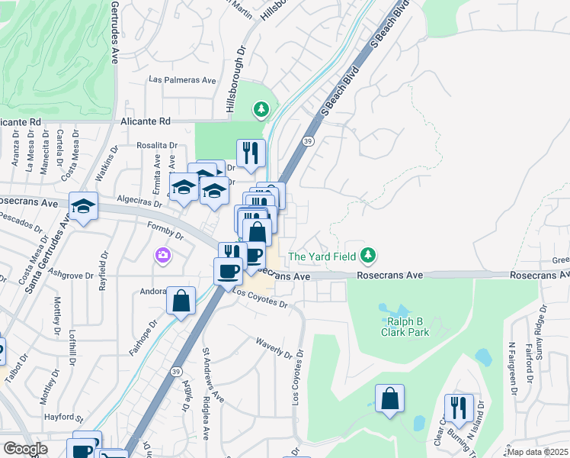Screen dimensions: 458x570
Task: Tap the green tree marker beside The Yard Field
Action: (x=369, y=254)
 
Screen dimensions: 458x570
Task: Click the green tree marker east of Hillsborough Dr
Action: (x=262, y=111)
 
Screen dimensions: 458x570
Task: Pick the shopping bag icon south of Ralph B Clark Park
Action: (x=389, y=398)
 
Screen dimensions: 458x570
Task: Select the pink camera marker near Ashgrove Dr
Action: (x=162, y=254)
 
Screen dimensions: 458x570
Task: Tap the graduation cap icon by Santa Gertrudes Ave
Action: (x=83, y=205)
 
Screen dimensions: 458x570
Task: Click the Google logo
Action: (x=24, y=449)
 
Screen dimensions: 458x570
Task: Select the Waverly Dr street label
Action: (x=274, y=348)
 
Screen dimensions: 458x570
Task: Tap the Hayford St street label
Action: (x=64, y=418)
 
